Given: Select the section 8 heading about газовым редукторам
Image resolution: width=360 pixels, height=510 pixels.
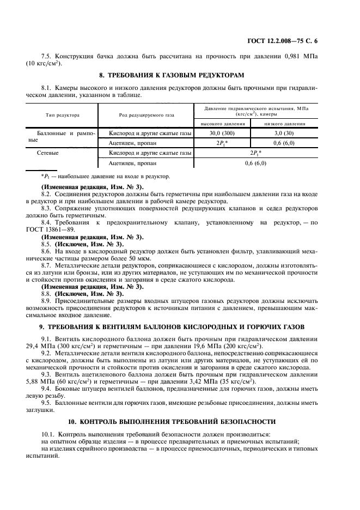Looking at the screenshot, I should [x=180, y=74].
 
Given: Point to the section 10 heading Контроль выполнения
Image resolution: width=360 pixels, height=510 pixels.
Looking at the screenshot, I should [x=180, y=422].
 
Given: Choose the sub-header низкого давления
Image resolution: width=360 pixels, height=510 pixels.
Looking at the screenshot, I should [x=284, y=124].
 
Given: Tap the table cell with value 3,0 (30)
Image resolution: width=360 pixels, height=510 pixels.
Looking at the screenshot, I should [x=284, y=133].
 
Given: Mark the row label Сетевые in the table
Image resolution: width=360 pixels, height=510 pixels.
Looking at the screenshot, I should [x=48, y=153].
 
